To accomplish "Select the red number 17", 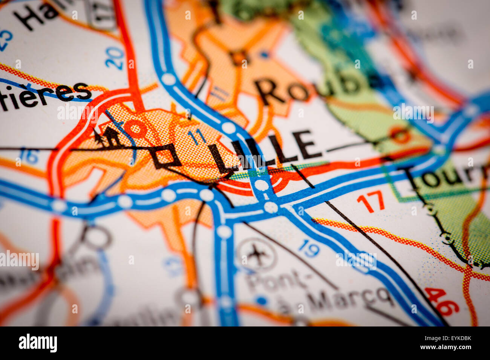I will (x=371, y=202).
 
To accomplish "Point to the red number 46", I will (x=441, y=301).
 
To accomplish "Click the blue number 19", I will (x=309, y=249).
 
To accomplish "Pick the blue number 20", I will (x=115, y=58).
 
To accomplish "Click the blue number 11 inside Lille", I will (x=196, y=136).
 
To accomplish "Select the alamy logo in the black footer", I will (x=38, y=343).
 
